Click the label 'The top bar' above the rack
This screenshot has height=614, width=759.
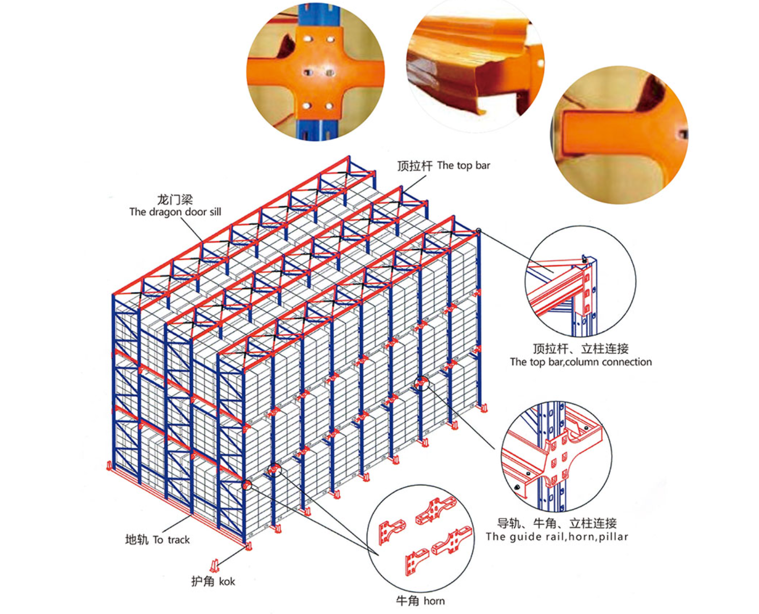click(x=463, y=166)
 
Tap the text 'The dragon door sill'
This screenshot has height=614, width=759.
click(x=175, y=212)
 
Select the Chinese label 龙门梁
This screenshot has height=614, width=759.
click(x=175, y=200)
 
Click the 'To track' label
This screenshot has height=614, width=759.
click(x=171, y=540)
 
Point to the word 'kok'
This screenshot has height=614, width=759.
click(x=227, y=582)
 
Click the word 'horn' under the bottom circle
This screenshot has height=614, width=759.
click(x=434, y=601)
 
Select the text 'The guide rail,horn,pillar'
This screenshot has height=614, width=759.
click(x=557, y=537)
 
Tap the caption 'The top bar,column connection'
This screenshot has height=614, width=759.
click(x=581, y=362)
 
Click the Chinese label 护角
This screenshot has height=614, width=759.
click(x=203, y=581)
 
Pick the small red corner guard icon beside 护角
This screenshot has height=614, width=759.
click(x=214, y=565)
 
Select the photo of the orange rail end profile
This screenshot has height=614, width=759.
click(x=475, y=66)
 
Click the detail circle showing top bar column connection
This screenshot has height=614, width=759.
click(x=580, y=281)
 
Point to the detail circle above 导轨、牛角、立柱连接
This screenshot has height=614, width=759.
click(x=556, y=457)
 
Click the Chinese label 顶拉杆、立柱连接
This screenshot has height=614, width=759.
click(x=580, y=348)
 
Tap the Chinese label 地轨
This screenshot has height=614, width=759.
click(x=136, y=540)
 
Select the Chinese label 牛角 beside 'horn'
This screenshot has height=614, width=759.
click(x=407, y=601)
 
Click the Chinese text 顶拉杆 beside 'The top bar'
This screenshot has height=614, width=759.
click(x=415, y=166)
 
